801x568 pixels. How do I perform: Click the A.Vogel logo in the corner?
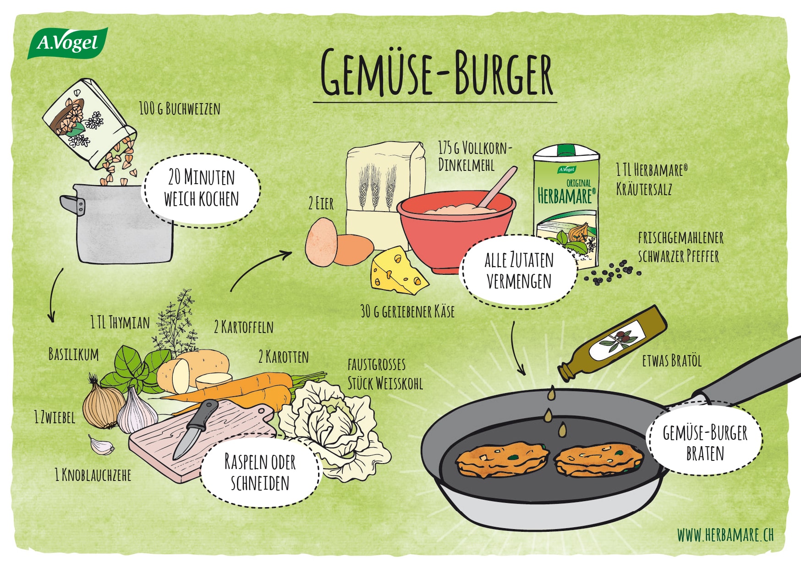(68, 43)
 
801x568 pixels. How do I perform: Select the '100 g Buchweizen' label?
(180, 109)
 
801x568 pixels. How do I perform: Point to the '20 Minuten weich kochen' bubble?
(202, 189)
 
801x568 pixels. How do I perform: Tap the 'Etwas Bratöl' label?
(672, 360)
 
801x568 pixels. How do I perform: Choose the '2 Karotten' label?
(284, 356)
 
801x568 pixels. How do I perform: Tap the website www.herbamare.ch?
(725, 535)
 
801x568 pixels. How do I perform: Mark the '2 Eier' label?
(321, 203)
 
